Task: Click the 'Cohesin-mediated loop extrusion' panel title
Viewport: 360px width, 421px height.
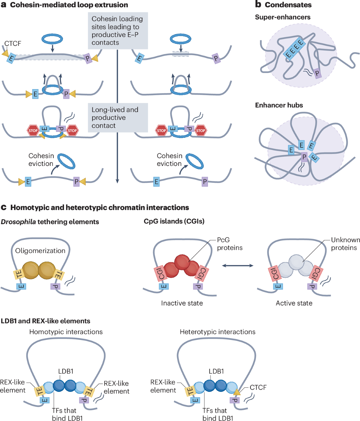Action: point(69,5)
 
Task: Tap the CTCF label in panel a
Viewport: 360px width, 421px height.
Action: point(13,44)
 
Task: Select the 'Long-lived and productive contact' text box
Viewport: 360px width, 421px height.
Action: point(118,118)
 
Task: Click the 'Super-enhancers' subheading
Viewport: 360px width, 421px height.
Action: point(283,17)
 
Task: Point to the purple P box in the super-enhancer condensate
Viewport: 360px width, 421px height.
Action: point(317,74)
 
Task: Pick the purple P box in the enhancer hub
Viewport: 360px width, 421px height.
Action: point(304,157)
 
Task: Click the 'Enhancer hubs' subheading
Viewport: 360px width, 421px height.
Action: point(279,105)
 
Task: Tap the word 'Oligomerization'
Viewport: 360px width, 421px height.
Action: point(40,251)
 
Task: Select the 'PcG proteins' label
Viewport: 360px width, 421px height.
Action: point(230,244)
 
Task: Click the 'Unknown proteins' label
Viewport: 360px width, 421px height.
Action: point(345,244)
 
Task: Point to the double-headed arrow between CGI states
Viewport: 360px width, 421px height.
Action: point(238,265)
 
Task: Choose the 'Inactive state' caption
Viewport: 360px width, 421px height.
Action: point(182,303)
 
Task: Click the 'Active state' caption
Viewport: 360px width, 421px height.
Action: point(294,303)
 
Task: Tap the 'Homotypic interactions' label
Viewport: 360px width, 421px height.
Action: point(66,332)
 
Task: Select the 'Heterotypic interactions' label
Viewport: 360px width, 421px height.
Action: point(217,332)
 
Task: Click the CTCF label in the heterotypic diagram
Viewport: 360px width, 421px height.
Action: point(258,387)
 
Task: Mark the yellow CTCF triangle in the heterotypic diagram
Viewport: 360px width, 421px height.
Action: point(237,392)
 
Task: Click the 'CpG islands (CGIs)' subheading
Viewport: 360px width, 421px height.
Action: point(174,221)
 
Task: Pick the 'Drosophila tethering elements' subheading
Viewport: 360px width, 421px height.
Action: point(50,221)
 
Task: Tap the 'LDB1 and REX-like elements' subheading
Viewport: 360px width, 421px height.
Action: point(45,321)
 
